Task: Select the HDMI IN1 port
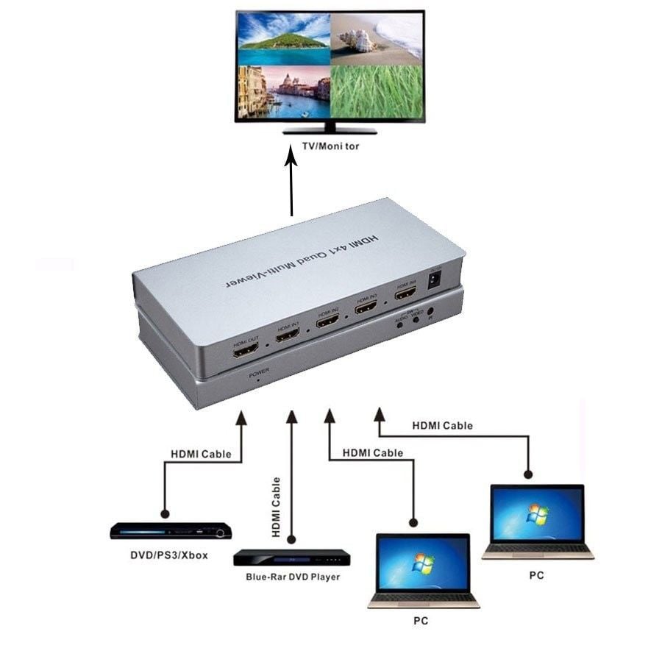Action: coord(287,335)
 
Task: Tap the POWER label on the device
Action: coord(258,373)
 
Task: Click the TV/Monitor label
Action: coord(330,146)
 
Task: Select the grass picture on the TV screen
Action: coord(377,93)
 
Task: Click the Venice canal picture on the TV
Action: coord(283,93)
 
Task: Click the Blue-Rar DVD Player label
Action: coord(293,577)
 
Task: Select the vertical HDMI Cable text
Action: coord(277,508)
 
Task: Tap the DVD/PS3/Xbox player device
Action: coord(171,531)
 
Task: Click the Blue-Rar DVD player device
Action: coord(291,558)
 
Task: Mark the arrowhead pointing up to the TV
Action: coord(292,161)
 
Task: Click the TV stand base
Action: coord(330,131)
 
